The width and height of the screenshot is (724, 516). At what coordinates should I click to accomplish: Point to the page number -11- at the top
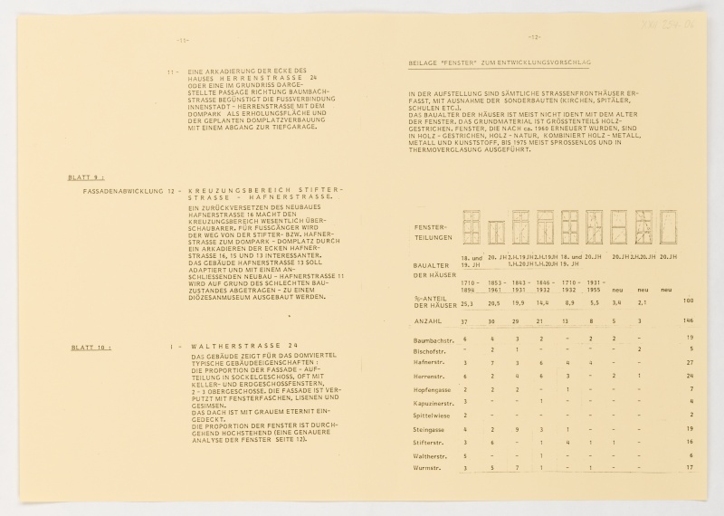[x=182, y=41]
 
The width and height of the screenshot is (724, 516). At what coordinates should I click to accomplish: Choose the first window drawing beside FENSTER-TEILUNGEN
[x=472, y=227]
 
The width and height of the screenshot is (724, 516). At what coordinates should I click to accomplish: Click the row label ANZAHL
[x=427, y=320]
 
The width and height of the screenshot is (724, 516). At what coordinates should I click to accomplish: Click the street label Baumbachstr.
[x=433, y=339]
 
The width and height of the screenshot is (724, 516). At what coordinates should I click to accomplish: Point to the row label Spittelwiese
[x=433, y=414]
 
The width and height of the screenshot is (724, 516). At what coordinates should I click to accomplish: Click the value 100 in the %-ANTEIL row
[x=688, y=300]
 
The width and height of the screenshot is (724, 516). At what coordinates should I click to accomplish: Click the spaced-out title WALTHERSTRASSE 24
[x=244, y=348]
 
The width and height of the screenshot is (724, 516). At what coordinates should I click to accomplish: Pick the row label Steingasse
[x=428, y=429]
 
